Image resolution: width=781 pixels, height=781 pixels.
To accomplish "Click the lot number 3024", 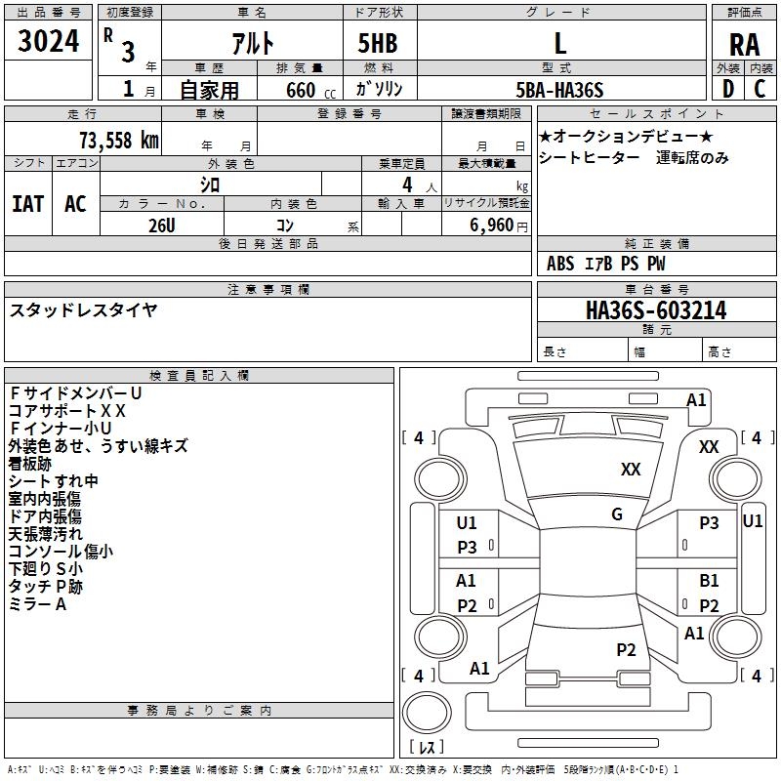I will (49, 43).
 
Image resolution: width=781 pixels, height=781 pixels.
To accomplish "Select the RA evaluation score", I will (744, 44).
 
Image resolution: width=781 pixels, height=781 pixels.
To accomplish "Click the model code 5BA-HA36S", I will (559, 90).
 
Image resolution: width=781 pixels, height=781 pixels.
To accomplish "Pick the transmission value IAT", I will (27, 204).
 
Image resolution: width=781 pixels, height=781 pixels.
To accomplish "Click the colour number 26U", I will (162, 226).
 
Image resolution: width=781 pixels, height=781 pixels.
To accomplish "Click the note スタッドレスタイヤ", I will (84, 310).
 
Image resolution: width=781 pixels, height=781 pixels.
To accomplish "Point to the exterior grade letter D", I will (727, 90).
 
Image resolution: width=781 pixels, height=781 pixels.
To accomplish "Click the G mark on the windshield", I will (617, 514).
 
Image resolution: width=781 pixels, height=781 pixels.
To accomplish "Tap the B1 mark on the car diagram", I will (709, 581).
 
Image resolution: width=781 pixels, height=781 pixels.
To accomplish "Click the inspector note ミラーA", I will (37, 604).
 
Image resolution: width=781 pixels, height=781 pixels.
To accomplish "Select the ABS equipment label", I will (560, 264).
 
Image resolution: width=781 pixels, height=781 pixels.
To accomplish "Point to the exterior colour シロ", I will (210, 184).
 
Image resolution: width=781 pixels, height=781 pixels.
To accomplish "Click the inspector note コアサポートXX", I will (67, 411).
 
